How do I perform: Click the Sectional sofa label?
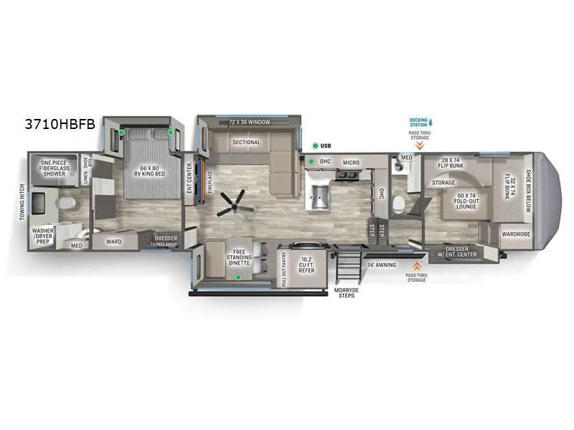pyautogui.click(x=245, y=142)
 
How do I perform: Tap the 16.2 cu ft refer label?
pyautogui.click(x=306, y=264)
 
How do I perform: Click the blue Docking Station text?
pyautogui.click(x=418, y=121)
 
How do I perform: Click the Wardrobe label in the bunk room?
pyautogui.click(x=516, y=234)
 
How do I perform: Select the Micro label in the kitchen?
pyautogui.click(x=351, y=163)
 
